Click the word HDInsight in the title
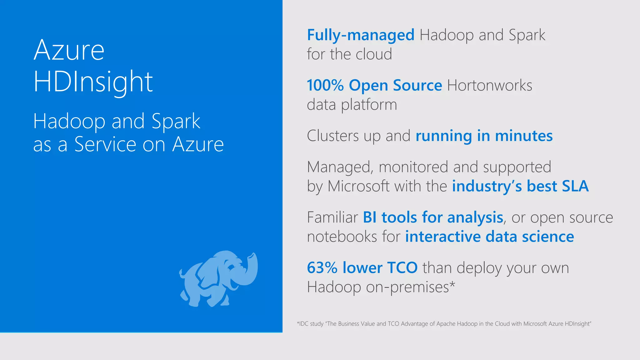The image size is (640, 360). pos(93,82)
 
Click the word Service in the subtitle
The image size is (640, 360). pos(105,144)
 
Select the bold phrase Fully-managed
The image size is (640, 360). pos(361,35)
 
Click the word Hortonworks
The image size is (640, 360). pos(489,85)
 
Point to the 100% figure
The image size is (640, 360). pos(325,85)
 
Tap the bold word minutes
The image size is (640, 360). pos(524,136)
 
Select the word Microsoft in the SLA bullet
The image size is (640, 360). pos(358,186)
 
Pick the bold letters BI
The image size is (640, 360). pos(369,217)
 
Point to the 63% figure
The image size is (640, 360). pos(322,268)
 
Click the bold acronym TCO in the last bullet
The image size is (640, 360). pos(402,268)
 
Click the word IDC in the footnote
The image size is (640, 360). pos(303,324)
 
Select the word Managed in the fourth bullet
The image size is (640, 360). pos(340,167)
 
